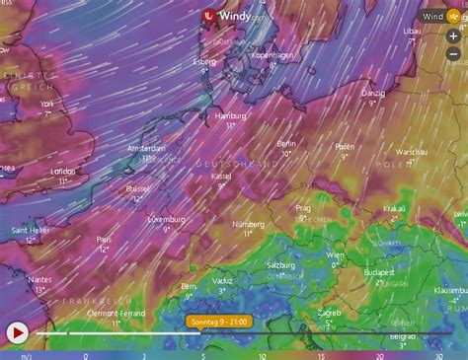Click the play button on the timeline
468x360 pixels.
[x=17, y=332]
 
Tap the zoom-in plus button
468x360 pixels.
[x=453, y=35]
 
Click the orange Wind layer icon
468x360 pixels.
[x=457, y=16]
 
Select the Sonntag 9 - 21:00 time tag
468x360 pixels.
[x=218, y=321]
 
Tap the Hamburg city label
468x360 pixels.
[x=230, y=115]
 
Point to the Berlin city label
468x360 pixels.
[x=287, y=143]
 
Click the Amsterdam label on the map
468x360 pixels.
[x=146, y=148]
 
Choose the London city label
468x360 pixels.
[x=63, y=171]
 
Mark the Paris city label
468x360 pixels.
[x=104, y=239]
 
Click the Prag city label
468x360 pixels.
[x=304, y=208]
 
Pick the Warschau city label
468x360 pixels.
[x=411, y=153]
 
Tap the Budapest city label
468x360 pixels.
[x=378, y=271]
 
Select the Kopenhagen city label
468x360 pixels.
[x=273, y=56]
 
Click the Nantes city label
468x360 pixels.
[x=40, y=279]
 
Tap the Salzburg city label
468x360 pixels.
[x=280, y=265]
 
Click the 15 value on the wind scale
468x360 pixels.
[x=321, y=355]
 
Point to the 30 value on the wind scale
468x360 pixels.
[x=438, y=355]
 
